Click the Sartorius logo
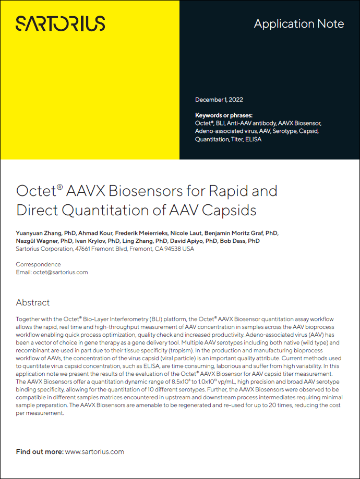(60, 23)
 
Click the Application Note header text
(298, 24)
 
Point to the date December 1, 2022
(219, 100)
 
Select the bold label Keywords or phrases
(223, 115)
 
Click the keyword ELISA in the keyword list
(254, 139)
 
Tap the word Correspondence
(38, 264)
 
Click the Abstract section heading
(33, 302)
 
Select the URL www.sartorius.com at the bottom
(94, 451)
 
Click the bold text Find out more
(40, 451)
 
